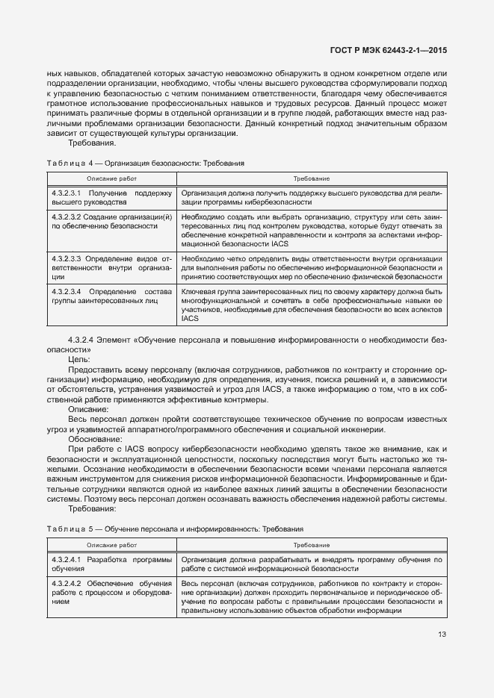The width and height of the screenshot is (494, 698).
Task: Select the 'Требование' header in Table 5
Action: (312, 545)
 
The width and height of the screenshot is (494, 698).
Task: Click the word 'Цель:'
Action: (78, 359)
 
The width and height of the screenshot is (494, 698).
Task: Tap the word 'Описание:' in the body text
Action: (88, 410)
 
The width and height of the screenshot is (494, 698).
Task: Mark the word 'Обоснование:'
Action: (93, 440)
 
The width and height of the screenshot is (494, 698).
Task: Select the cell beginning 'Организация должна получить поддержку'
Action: (312, 197)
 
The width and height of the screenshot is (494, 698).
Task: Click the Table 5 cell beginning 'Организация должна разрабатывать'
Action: (312, 563)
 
